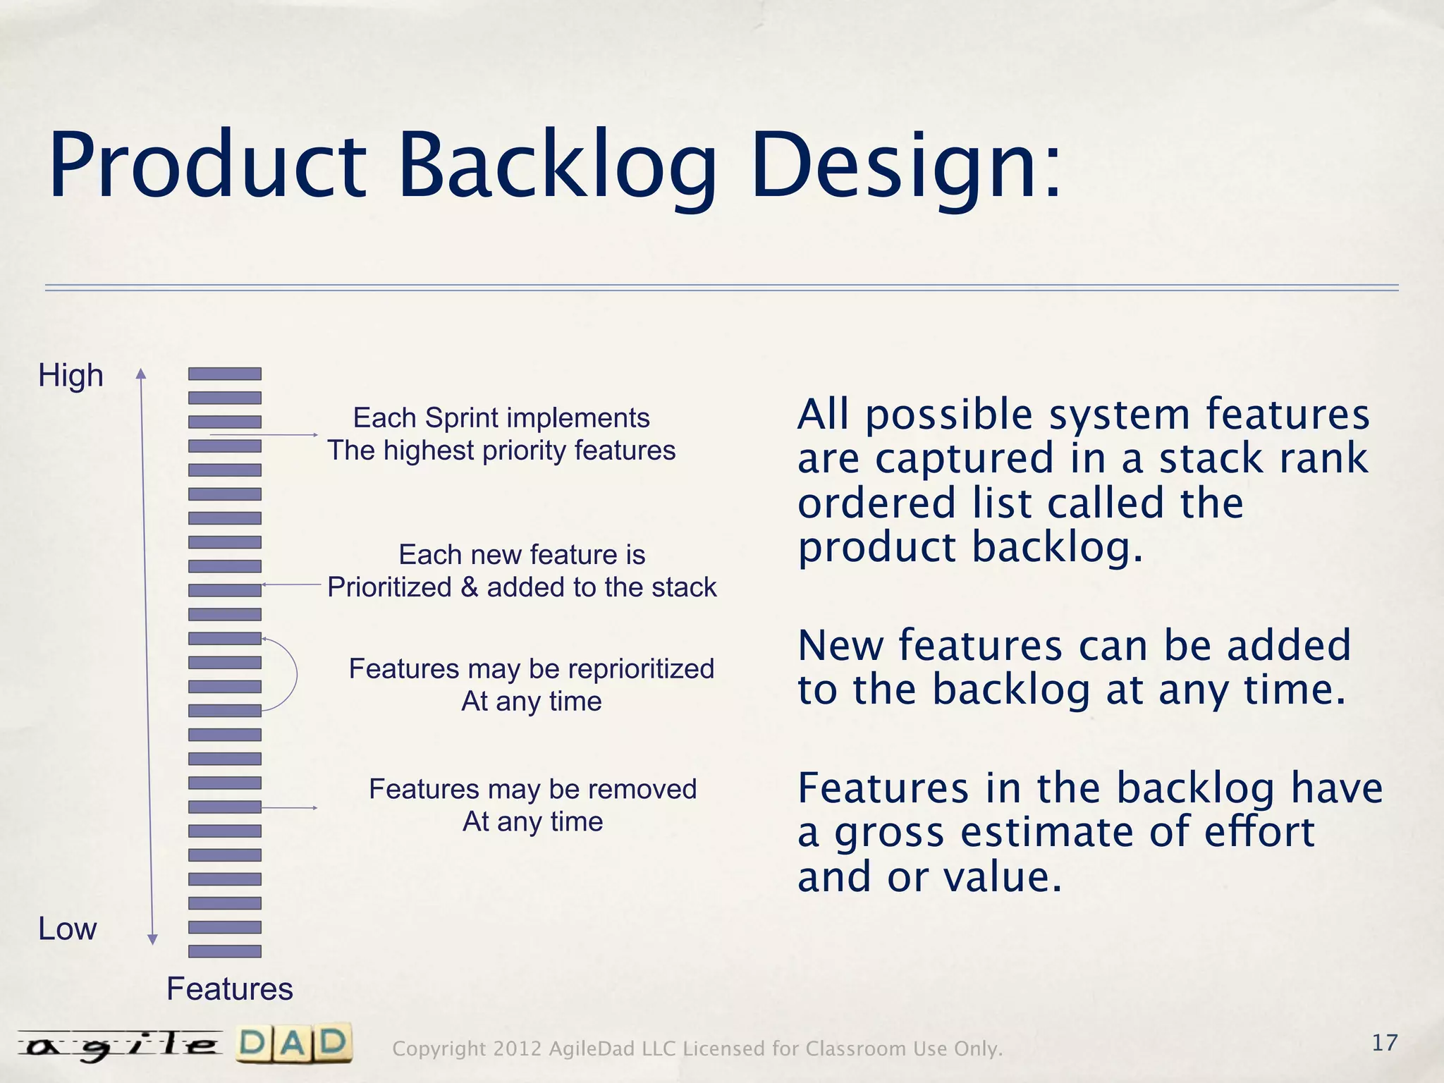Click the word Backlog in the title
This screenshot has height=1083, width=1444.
pos(557,166)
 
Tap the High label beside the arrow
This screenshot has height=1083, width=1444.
pos(71,375)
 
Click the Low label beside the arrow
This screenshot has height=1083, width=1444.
pos(67,929)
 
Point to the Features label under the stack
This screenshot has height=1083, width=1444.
pos(229,989)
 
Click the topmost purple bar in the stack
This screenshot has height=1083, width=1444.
pos(225,374)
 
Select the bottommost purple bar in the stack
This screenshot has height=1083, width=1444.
pos(225,951)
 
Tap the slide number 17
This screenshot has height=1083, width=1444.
pos(1384,1043)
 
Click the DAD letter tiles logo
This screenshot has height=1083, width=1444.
pos(294,1044)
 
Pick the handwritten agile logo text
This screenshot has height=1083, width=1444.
pos(120,1046)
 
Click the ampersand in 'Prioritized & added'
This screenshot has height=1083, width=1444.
pos(469,587)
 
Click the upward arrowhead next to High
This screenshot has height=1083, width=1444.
pos(141,374)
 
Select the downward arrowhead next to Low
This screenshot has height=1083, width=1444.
pos(152,939)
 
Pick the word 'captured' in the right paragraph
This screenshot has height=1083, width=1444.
pos(965,458)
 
